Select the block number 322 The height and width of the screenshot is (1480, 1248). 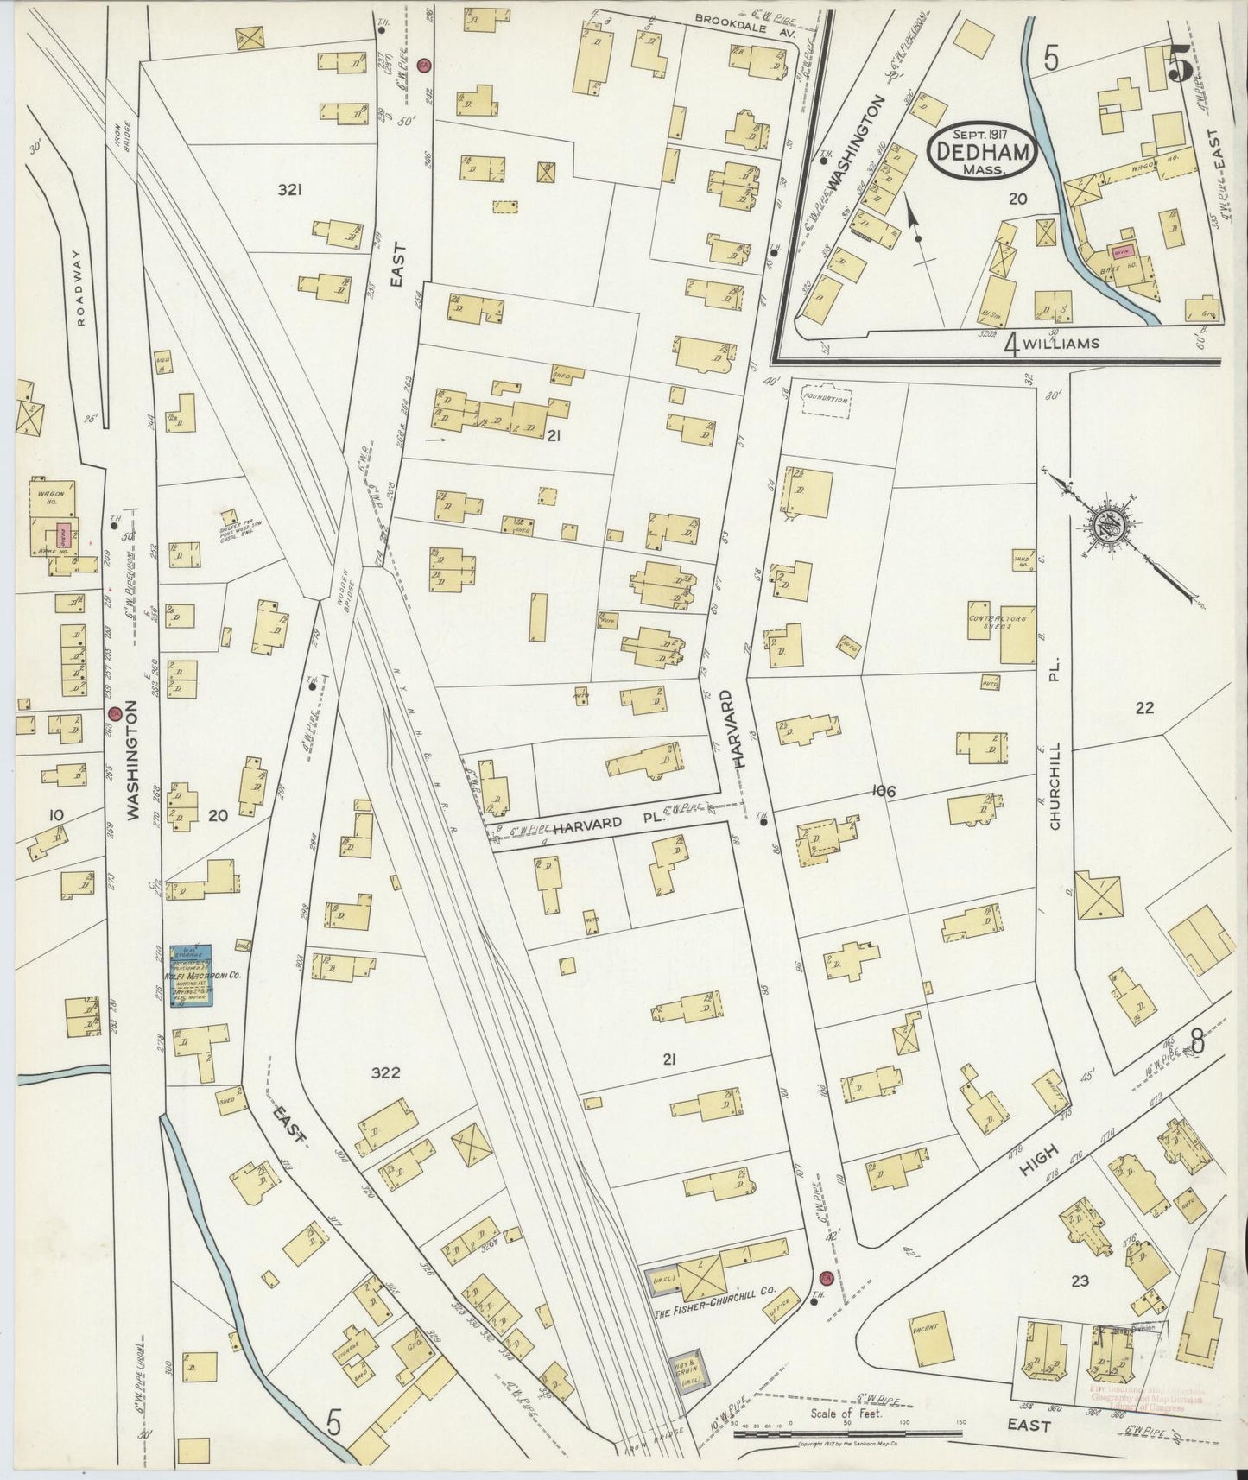point(385,1073)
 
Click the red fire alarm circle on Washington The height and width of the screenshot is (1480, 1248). point(113,714)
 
